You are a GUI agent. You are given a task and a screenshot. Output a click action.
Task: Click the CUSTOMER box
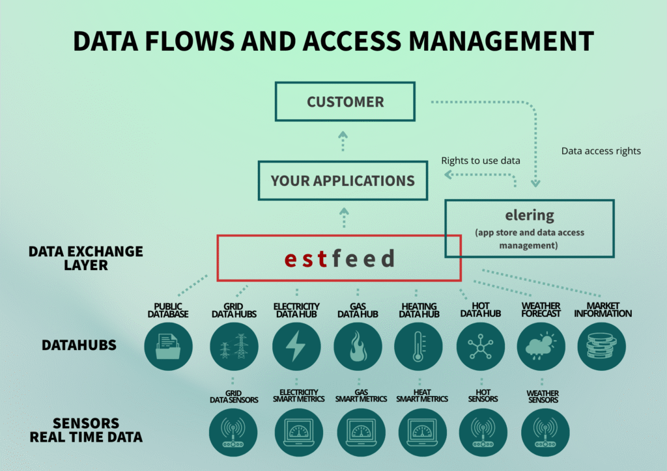(x=345, y=102)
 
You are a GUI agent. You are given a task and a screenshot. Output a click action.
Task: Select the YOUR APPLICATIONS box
(x=343, y=180)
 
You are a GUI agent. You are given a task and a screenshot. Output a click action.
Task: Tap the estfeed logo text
(x=339, y=258)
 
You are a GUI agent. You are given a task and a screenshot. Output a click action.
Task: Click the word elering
(x=529, y=215)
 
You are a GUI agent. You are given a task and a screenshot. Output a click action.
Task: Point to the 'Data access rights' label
(x=601, y=151)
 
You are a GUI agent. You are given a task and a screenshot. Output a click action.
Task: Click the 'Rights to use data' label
(x=480, y=160)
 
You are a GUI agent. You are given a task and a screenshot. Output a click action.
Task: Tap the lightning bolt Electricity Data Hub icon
(x=296, y=346)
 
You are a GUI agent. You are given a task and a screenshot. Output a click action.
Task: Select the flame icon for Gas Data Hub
(x=358, y=346)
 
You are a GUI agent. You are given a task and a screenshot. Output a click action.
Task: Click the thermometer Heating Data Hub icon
(x=419, y=346)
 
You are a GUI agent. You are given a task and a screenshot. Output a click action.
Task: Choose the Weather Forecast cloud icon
(x=541, y=346)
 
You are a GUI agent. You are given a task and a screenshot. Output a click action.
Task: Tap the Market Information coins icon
(x=602, y=346)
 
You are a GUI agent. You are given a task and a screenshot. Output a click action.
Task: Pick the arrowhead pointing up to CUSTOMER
(x=343, y=137)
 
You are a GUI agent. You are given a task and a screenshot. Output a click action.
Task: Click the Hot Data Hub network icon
(x=481, y=346)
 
